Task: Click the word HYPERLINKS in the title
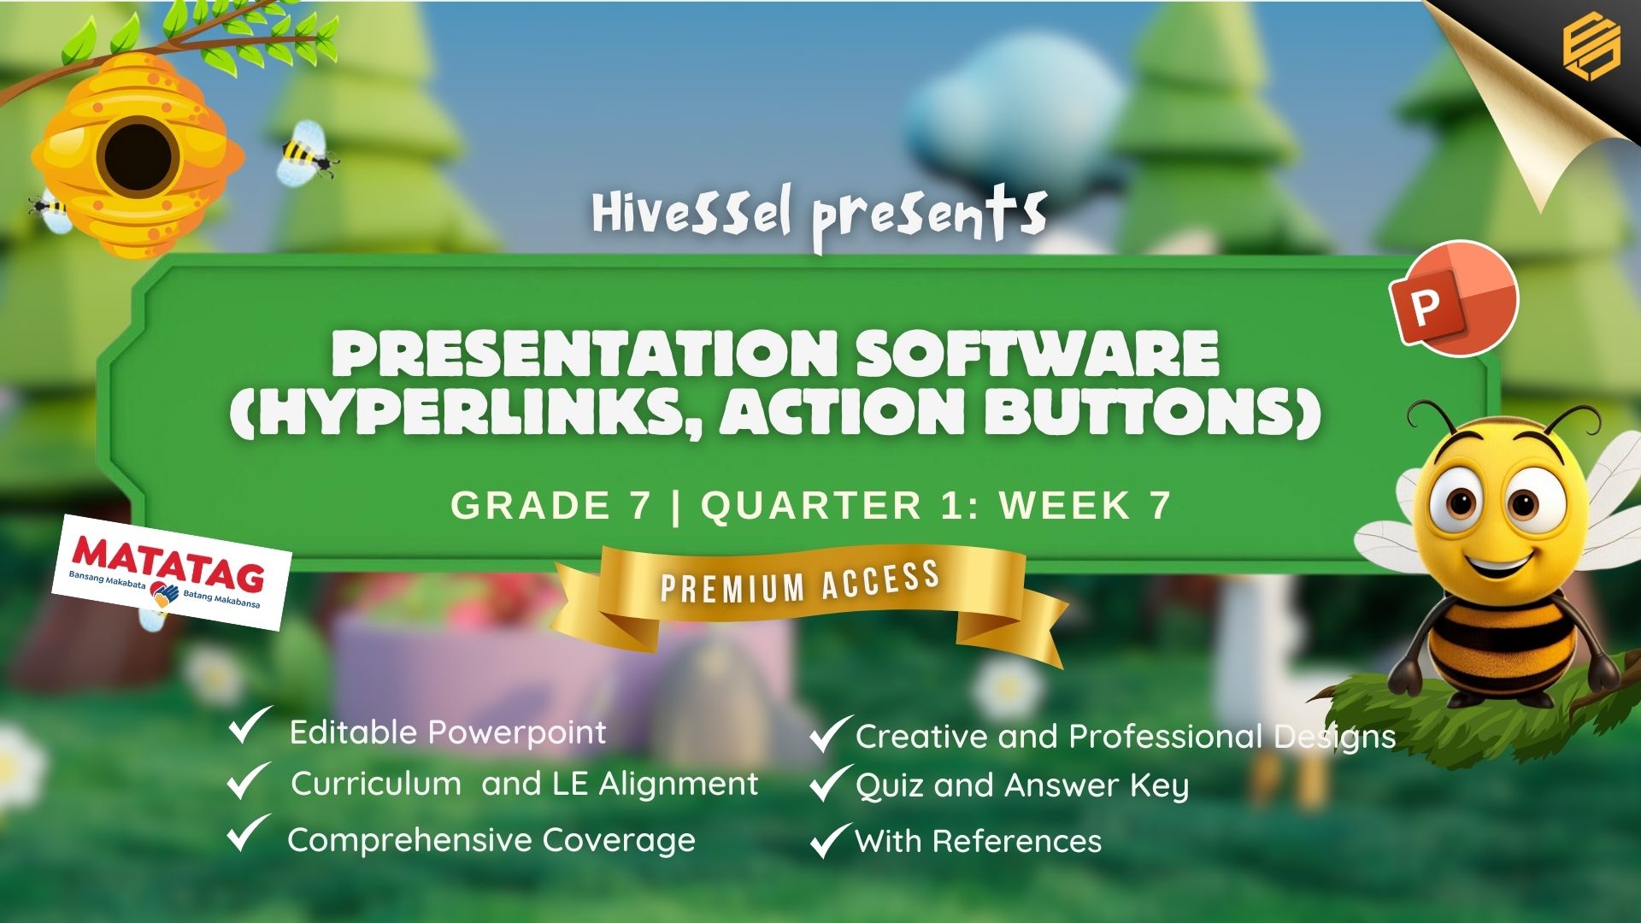pyautogui.click(x=466, y=412)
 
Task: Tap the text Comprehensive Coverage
pyautogui.click(x=491, y=840)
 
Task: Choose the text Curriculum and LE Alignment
pyautogui.click(x=524, y=784)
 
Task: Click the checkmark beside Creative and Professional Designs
pyautogui.click(x=830, y=733)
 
